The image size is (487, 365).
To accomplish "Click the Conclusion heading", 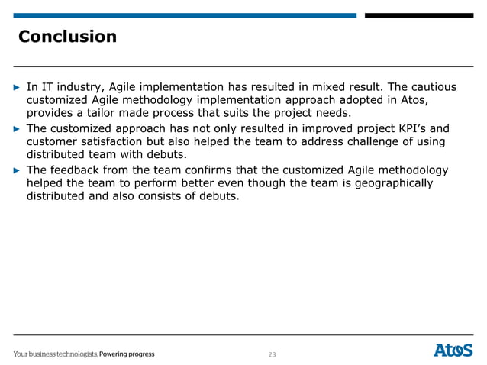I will point(67,37).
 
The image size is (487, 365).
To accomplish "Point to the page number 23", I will point(272,354).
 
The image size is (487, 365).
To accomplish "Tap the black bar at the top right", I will point(418,15).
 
